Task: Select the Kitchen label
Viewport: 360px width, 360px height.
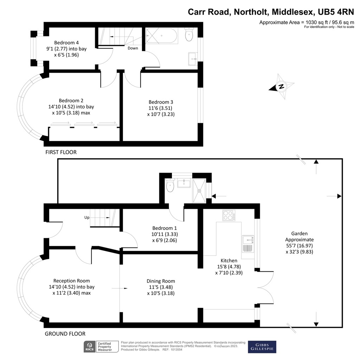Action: tap(229, 261)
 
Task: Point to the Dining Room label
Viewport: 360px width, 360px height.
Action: tap(161, 281)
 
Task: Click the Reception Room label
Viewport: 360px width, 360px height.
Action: tap(71, 281)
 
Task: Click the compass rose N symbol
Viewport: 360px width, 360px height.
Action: tap(281, 86)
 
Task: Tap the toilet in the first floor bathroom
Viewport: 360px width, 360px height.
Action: tap(189, 35)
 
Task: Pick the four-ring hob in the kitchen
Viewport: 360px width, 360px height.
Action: tap(229, 215)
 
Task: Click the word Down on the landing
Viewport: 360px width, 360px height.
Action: tap(133, 48)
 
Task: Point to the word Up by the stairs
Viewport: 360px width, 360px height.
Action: tap(87, 217)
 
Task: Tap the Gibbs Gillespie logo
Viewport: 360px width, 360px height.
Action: tap(262, 347)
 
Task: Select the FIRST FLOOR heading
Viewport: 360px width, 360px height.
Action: tap(61, 152)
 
